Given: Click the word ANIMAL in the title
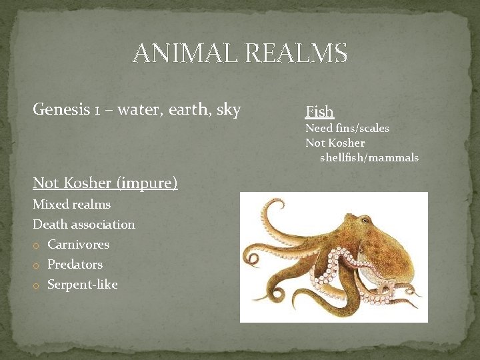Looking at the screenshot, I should pyautogui.click(x=185, y=53).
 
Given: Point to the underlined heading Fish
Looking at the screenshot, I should pyautogui.click(x=319, y=111).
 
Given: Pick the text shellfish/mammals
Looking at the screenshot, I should pyautogui.click(x=369, y=158).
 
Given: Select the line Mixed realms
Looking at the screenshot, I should pyautogui.click(x=71, y=205).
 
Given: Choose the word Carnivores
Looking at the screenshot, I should pyautogui.click(x=78, y=245).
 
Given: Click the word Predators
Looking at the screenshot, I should pyautogui.click(x=75, y=265).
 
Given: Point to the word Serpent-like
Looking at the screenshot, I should pyautogui.click(x=82, y=285).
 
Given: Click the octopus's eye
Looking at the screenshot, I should pyautogui.click(x=365, y=221).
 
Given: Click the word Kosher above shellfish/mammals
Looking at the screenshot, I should pyautogui.click(x=347, y=143).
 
